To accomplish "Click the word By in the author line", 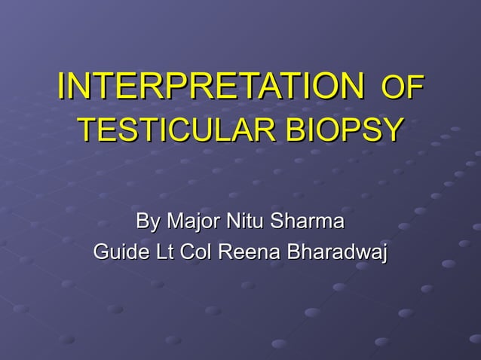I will tap(147, 222).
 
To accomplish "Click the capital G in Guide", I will tap(100, 252).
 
